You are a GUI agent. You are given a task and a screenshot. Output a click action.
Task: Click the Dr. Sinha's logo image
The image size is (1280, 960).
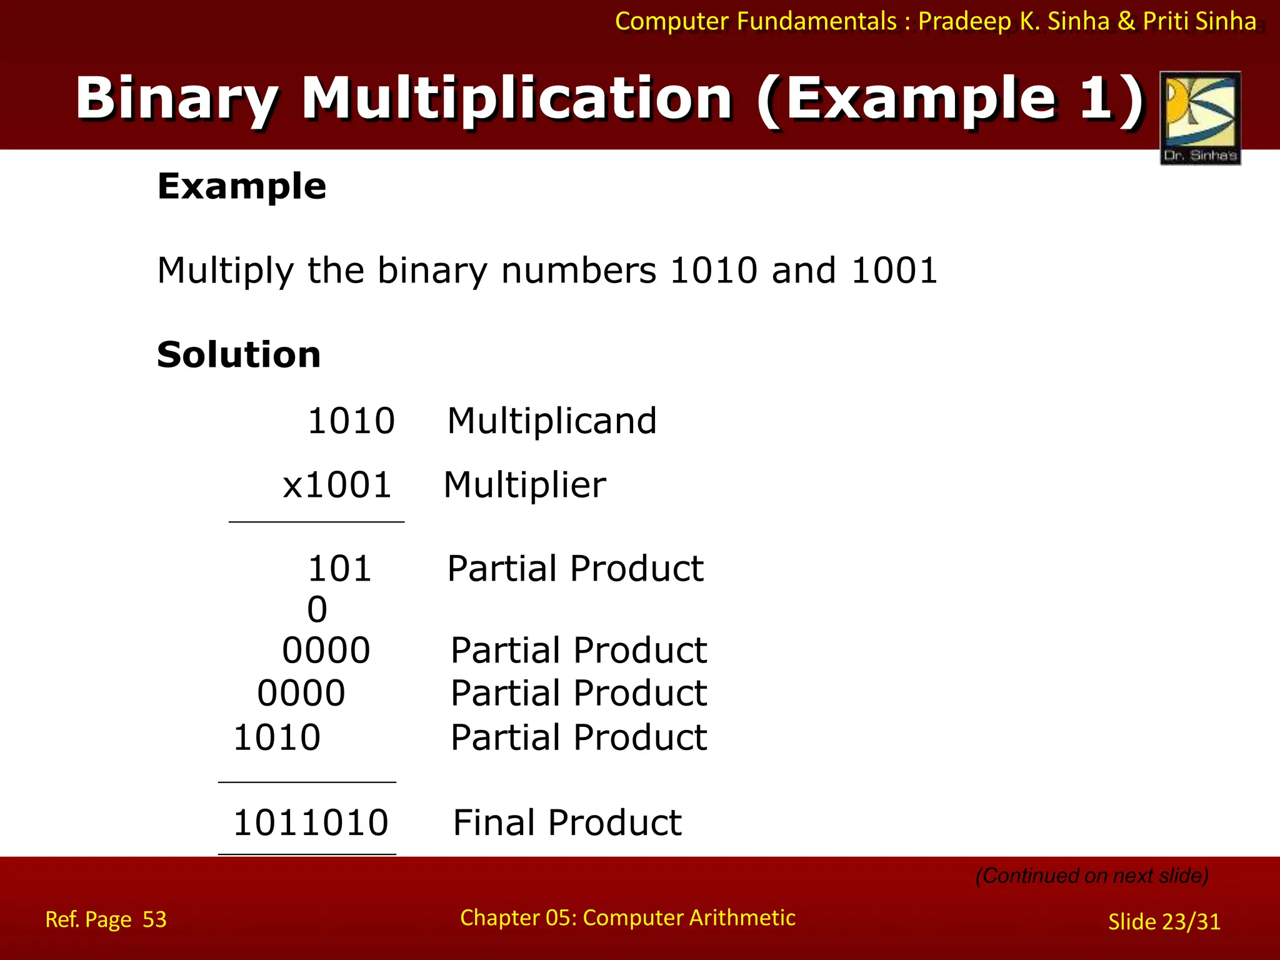(x=1200, y=117)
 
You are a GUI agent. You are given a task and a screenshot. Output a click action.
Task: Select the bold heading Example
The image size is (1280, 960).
(x=241, y=186)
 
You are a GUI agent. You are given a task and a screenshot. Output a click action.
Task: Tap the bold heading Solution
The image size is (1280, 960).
(x=239, y=355)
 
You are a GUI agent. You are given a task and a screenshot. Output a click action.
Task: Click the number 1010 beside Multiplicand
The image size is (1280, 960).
(x=351, y=421)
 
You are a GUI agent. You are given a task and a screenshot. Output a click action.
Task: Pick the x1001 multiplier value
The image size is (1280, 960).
(x=337, y=485)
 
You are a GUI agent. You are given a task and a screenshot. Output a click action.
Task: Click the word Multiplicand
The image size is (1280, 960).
(x=552, y=421)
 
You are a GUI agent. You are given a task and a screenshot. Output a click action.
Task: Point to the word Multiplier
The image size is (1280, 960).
(x=524, y=485)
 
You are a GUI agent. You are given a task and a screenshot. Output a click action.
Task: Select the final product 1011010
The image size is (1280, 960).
(x=311, y=822)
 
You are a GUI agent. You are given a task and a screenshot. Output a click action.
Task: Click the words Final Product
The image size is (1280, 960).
(x=567, y=822)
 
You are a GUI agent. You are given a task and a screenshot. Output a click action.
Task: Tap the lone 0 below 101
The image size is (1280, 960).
(x=317, y=610)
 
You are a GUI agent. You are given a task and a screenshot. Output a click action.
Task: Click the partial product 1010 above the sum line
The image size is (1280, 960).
(x=277, y=737)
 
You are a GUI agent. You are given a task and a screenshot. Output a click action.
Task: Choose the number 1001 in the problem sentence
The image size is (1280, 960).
(x=894, y=271)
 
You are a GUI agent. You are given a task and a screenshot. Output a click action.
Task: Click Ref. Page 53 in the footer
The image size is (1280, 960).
(x=106, y=919)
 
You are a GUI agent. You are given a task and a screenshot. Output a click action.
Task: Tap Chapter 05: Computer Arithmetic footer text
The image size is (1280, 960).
(x=627, y=917)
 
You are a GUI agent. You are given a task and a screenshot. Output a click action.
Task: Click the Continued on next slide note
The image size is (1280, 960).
(x=1092, y=876)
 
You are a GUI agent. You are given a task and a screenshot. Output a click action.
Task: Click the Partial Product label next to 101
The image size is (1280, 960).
(x=575, y=569)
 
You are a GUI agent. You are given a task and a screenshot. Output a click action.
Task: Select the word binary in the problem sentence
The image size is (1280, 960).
(x=432, y=271)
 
